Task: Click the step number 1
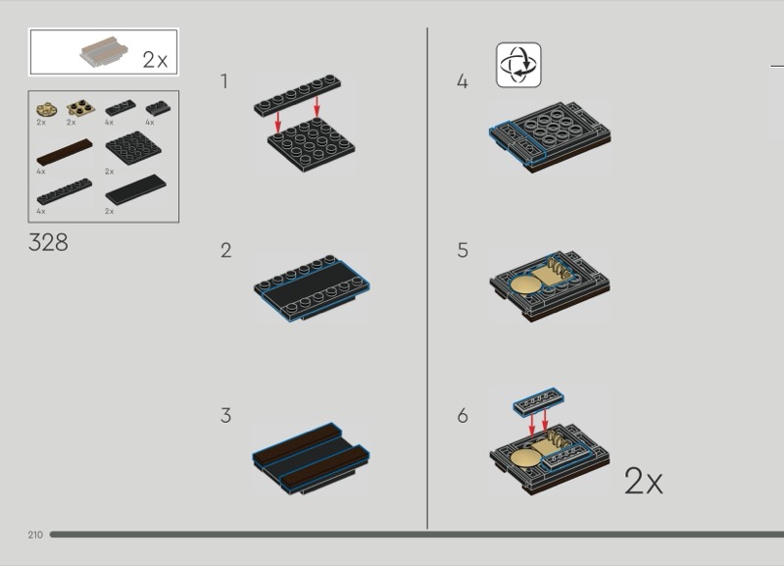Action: (x=224, y=81)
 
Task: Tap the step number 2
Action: (x=226, y=250)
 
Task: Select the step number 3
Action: (x=226, y=415)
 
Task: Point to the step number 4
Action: (x=463, y=81)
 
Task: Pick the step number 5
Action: (x=463, y=250)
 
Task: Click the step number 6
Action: (x=463, y=415)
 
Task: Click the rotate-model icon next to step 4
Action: (x=518, y=65)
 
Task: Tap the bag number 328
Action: (x=48, y=242)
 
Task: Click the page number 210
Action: (x=35, y=535)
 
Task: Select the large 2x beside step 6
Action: (x=644, y=482)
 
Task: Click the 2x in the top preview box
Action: (x=155, y=60)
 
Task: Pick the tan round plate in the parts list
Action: (x=46, y=109)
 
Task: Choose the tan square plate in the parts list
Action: (x=81, y=107)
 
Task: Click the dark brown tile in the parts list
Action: (x=65, y=152)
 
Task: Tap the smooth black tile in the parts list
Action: (x=135, y=189)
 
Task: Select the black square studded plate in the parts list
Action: (x=133, y=147)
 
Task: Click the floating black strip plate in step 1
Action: (x=298, y=96)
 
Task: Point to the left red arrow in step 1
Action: (x=278, y=121)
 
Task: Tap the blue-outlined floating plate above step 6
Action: (x=538, y=400)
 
